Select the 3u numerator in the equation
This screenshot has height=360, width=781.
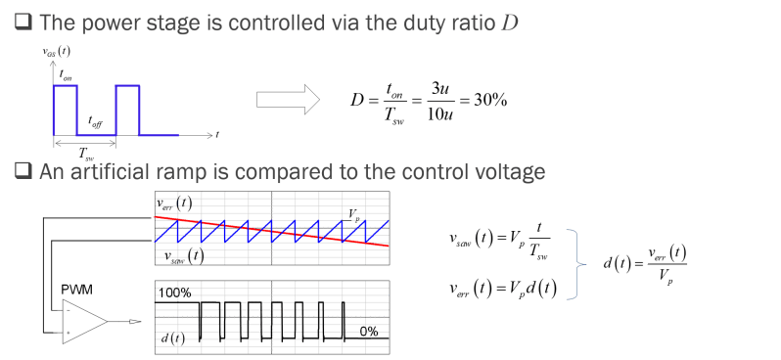pos(439,89)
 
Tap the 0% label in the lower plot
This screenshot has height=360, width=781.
pos(368,332)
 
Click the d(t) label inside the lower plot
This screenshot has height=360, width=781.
pos(173,337)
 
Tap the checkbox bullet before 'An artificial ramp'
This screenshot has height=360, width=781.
pos(22,172)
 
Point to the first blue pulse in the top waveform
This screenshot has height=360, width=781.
pos(65,109)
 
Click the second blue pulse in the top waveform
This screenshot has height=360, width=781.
pos(128,109)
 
